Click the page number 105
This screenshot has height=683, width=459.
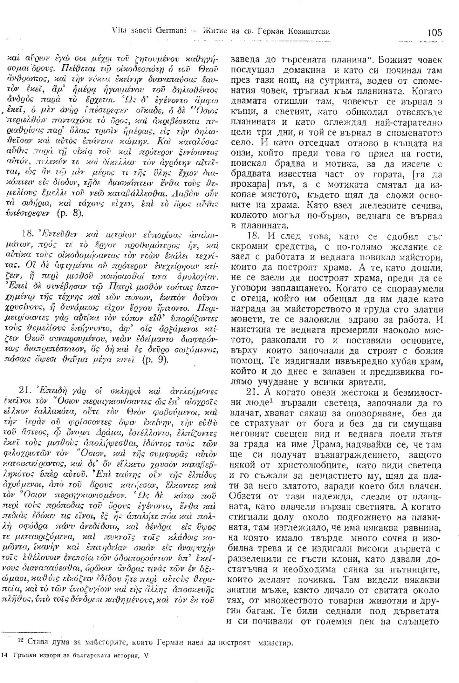pos(433,32)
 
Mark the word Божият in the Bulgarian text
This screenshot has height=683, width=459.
pos(386,61)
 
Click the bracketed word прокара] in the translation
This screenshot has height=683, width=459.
pos(247,186)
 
